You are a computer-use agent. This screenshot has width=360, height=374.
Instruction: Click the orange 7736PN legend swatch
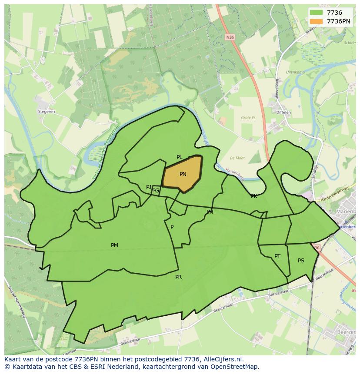click(317, 21)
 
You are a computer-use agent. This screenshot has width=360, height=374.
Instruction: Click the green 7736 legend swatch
click(317, 13)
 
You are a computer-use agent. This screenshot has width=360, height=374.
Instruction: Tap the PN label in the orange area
click(183, 174)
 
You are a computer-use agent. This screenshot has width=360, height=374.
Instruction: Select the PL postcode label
click(179, 157)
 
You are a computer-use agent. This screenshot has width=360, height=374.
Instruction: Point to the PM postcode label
click(114, 245)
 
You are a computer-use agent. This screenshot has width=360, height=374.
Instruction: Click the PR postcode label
click(178, 277)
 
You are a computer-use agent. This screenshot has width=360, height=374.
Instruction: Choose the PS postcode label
click(301, 261)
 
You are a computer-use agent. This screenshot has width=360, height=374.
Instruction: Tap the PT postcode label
click(277, 256)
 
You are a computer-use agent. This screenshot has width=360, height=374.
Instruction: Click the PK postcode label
click(254, 196)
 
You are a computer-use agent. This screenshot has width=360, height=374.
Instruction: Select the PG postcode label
click(156, 191)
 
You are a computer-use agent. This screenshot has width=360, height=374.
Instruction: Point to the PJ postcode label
click(149, 187)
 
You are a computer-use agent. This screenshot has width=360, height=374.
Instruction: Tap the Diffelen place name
click(283, 113)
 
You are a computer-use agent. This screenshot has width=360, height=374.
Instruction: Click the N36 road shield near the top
click(230, 37)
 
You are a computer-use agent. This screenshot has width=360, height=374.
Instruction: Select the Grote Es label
click(249, 117)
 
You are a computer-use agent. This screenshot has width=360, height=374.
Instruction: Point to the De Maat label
click(238, 158)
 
